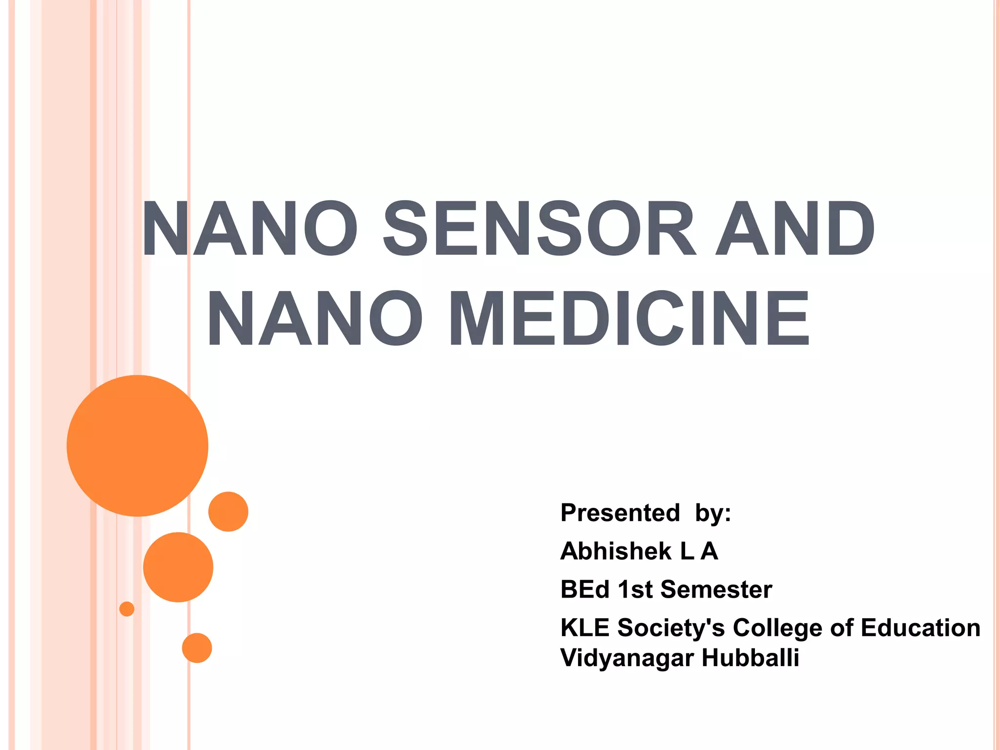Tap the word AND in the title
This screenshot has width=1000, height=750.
(x=795, y=228)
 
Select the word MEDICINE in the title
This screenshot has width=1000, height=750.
(x=629, y=318)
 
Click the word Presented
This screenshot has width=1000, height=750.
(x=620, y=513)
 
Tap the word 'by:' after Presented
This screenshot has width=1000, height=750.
(x=713, y=513)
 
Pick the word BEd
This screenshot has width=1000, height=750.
(x=585, y=589)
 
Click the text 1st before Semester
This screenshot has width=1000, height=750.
(x=635, y=589)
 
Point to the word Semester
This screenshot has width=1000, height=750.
(x=716, y=589)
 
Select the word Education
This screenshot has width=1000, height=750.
(x=920, y=627)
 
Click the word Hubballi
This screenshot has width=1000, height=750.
(x=750, y=658)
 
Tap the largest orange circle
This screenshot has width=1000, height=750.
(x=138, y=445)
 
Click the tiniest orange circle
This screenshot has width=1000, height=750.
(x=127, y=609)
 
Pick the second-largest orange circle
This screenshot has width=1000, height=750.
(x=178, y=567)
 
